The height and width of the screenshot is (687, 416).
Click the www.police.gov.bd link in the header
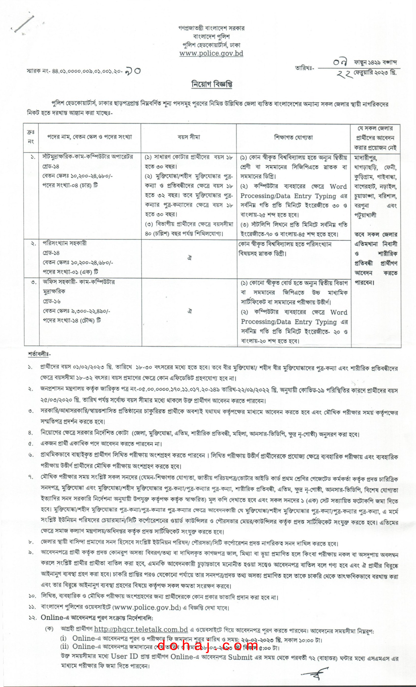click(211, 53)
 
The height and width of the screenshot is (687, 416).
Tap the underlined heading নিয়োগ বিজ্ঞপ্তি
click(212, 84)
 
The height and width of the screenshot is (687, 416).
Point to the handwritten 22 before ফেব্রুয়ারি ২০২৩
click(344, 74)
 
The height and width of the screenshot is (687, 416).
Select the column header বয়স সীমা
click(189, 137)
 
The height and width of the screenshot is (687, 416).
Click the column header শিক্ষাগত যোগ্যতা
click(293, 137)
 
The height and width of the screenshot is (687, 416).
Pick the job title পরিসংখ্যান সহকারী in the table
click(64, 243)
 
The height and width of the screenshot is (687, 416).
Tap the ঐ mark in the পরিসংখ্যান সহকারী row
click(189, 258)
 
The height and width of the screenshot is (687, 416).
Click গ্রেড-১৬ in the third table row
click(52, 301)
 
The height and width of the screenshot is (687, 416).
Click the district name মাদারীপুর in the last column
click(365, 158)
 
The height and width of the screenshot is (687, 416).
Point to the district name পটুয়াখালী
click(365, 215)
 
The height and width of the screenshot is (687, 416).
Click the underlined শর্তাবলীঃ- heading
click(39, 355)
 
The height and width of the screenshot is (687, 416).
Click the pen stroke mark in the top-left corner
click(24, 24)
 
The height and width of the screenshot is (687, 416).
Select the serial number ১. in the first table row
click(33, 157)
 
